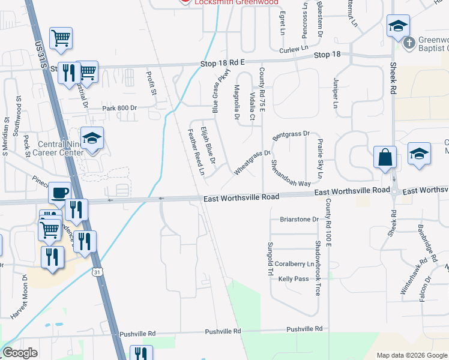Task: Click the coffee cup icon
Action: click(59, 192)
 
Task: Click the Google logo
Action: click(20, 353)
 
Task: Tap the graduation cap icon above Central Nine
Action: click(91, 138)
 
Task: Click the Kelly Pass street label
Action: click(293, 279)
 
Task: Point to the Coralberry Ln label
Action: click(295, 264)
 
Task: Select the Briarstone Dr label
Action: click(299, 220)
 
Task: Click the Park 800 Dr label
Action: click(120, 108)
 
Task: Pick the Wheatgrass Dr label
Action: click(252, 162)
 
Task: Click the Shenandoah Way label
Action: click(291, 173)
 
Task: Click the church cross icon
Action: click(409, 43)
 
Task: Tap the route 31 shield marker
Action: click(97, 272)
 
